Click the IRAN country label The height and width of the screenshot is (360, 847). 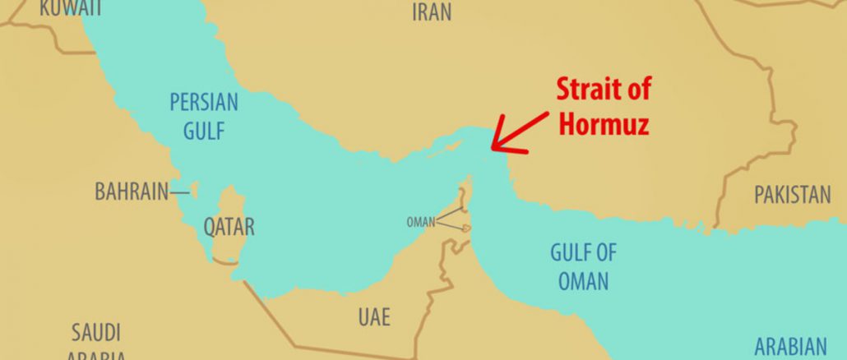click(x=432, y=11)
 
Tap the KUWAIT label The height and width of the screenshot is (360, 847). click(x=71, y=8)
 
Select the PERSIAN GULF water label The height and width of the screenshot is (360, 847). click(x=204, y=116)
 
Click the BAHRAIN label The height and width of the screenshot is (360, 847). click(x=132, y=192)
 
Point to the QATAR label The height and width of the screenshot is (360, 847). click(x=229, y=227)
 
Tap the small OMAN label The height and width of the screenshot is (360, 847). click(x=420, y=222)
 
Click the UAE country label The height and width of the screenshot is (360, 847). click(x=374, y=316)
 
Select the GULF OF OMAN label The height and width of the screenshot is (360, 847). click(x=584, y=266)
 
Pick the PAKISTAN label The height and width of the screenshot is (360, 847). click(x=793, y=195)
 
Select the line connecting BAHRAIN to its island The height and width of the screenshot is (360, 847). click(x=179, y=192)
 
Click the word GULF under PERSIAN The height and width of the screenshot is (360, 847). click(x=204, y=130)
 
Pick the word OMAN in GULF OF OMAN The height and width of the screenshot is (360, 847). click(x=584, y=280)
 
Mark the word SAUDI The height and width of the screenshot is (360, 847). click(x=97, y=333)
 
